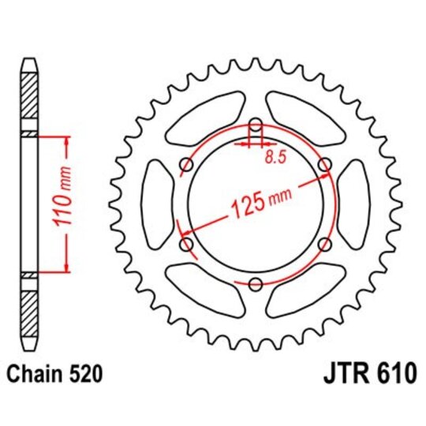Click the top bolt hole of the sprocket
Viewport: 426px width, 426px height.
pyautogui.click(x=256, y=125)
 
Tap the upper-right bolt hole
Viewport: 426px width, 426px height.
pyautogui.click(x=324, y=164)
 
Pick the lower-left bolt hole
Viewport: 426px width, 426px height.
pyautogui.click(x=187, y=245)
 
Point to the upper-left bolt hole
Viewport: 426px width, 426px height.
pyautogui.click(x=187, y=164)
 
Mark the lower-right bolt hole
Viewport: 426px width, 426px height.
pyautogui.click(x=324, y=245)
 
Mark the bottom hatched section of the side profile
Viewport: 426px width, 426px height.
pyautogui.click(x=29, y=314)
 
